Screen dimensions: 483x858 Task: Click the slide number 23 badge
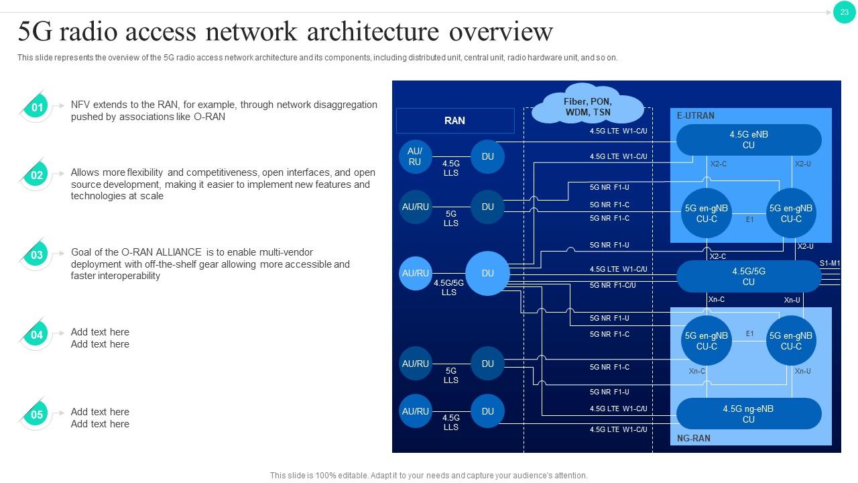[x=844, y=12]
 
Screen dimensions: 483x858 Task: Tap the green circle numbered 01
[x=38, y=107]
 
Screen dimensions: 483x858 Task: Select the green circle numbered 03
[x=38, y=255]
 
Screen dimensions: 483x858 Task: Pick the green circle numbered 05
[x=38, y=415]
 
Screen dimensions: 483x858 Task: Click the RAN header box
[x=454, y=121]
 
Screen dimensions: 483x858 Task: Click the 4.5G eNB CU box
[x=748, y=140]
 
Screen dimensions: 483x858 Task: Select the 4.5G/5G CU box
[x=748, y=276]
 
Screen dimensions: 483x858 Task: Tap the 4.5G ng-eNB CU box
[x=748, y=414]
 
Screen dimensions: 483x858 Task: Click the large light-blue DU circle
[x=487, y=273]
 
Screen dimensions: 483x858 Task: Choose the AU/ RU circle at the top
[x=415, y=156]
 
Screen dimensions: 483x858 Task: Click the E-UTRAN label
[x=695, y=115]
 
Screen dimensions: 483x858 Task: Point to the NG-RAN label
[x=693, y=438]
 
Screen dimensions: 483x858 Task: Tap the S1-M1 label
[x=829, y=264]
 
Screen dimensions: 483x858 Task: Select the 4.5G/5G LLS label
[x=448, y=287]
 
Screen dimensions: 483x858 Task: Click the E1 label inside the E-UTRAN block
[x=749, y=219]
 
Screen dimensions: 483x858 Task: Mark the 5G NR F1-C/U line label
[x=613, y=285]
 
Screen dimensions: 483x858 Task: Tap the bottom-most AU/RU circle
[x=415, y=411]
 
